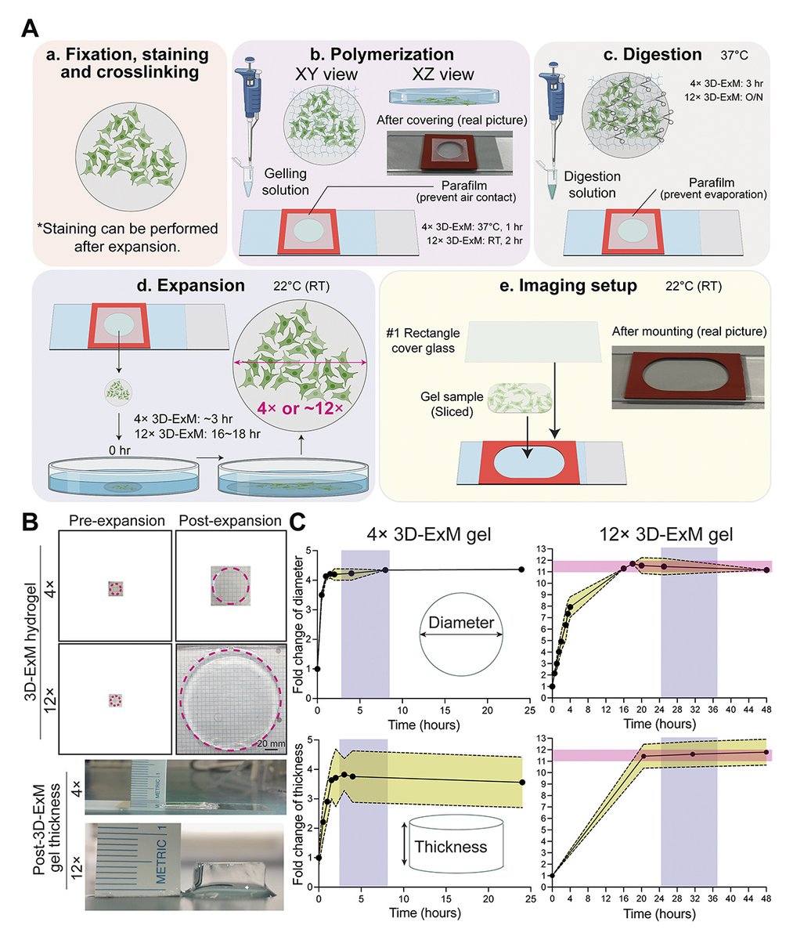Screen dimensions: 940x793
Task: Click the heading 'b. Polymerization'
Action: tap(382, 55)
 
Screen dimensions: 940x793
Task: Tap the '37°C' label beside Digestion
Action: tap(736, 56)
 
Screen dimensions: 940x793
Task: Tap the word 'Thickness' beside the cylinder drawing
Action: tap(450, 846)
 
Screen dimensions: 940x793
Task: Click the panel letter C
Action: tap(298, 521)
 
